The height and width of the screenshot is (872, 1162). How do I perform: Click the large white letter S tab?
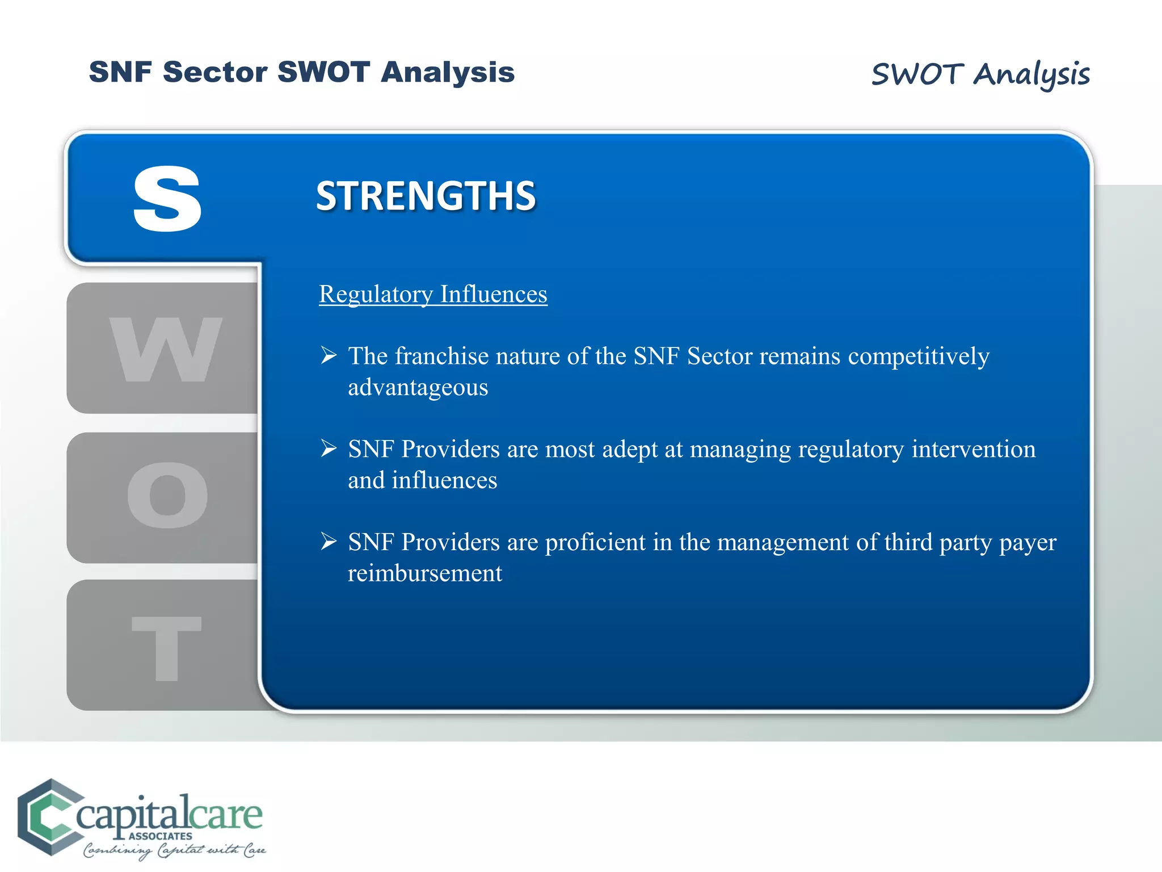pyautogui.click(x=167, y=199)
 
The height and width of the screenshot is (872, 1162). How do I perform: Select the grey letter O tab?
pyautogui.click(x=167, y=495)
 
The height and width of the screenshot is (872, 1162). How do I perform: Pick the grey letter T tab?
pyautogui.click(x=166, y=647)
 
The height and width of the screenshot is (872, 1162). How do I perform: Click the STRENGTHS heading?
pyautogui.click(x=426, y=196)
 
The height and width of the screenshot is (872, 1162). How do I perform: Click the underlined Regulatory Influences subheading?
pyautogui.click(x=433, y=294)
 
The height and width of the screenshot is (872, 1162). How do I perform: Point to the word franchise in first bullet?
pyautogui.click(x=441, y=356)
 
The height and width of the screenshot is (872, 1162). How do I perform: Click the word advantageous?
pyautogui.click(x=418, y=388)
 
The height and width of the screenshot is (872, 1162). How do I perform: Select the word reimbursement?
pyautogui.click(x=425, y=573)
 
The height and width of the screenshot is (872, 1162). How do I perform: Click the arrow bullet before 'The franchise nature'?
pyautogui.click(x=329, y=355)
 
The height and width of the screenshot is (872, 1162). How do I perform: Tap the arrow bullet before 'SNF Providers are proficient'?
pyautogui.click(x=329, y=541)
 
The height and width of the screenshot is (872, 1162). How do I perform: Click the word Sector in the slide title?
pyautogui.click(x=215, y=72)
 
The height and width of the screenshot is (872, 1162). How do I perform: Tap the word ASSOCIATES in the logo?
pyautogui.click(x=160, y=836)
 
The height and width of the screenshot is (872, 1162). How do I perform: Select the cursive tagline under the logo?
pyautogui.click(x=174, y=850)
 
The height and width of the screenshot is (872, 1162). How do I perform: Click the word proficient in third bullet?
pyautogui.click(x=595, y=542)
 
